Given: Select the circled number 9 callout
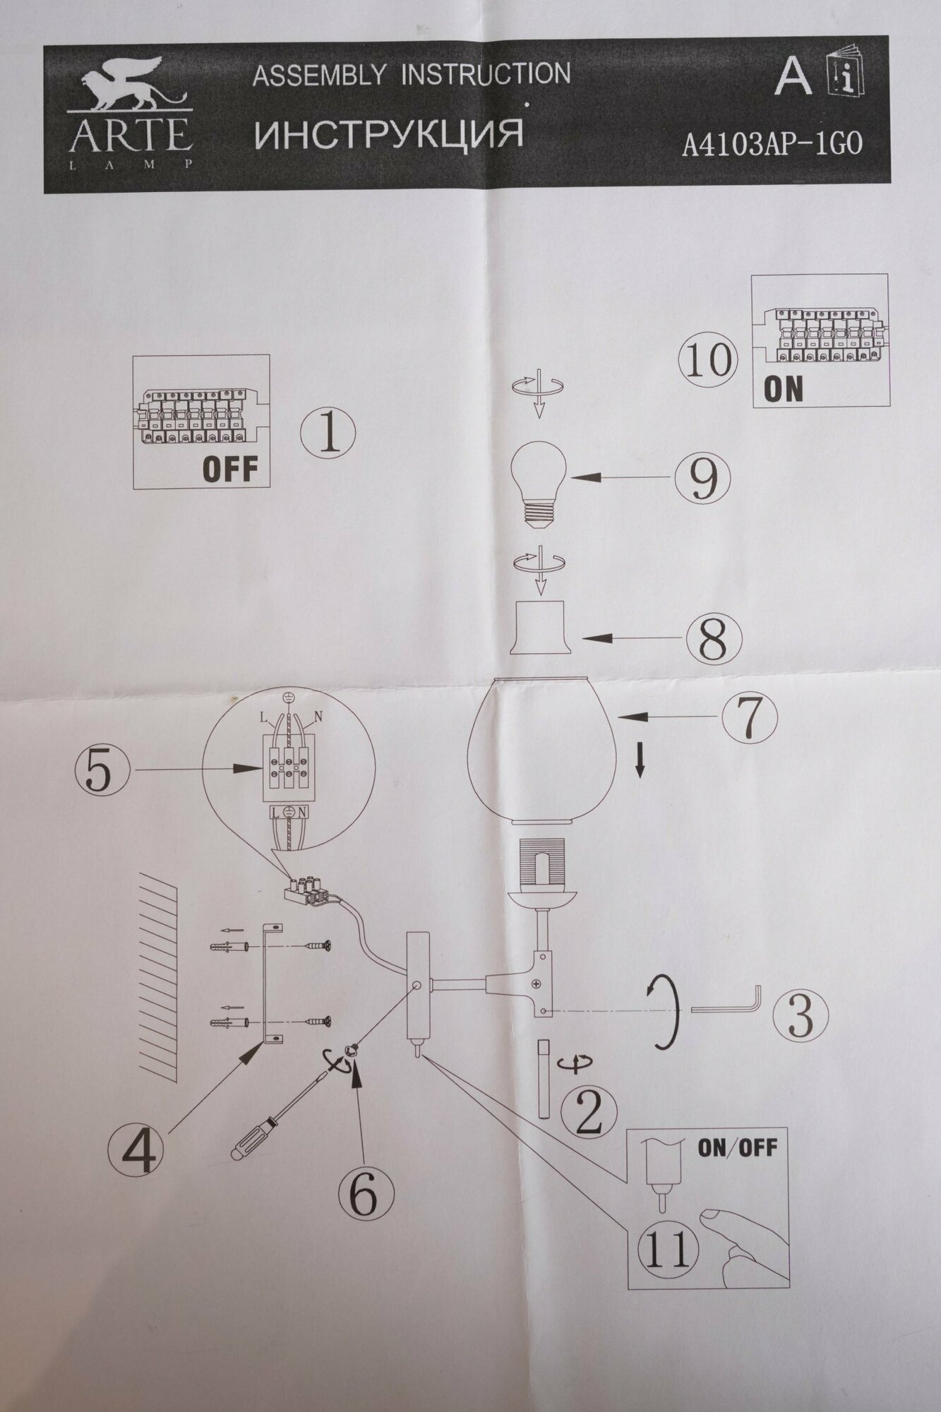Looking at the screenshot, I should tap(702, 477).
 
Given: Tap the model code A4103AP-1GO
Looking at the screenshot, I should tap(772, 145).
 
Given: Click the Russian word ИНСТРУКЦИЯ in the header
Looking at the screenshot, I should tap(388, 134).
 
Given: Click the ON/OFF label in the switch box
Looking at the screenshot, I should tap(737, 1148).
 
